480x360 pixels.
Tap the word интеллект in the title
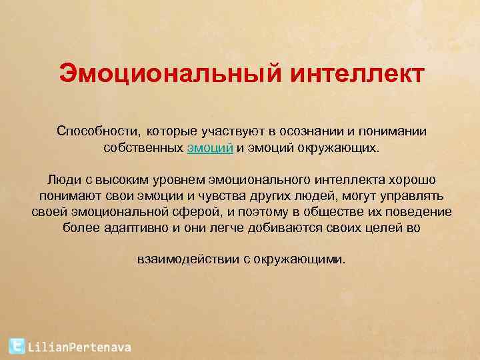tap(355, 74)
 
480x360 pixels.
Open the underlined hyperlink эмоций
tap(210, 147)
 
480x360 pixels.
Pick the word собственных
tap(143, 147)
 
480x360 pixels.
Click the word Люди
tap(64, 180)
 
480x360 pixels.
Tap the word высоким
tap(123, 180)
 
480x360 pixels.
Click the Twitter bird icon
tap(17, 345)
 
